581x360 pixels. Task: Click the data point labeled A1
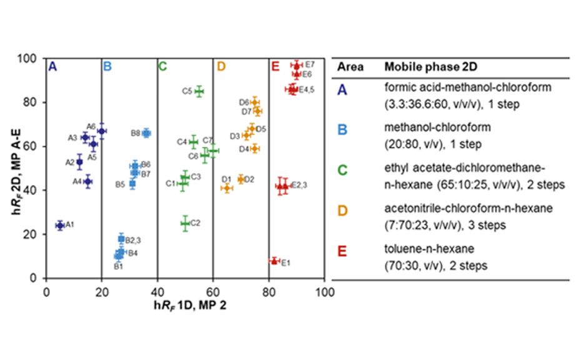pyautogui.click(x=60, y=225)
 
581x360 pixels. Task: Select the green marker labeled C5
pyautogui.click(x=199, y=91)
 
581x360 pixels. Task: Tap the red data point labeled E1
pyautogui.click(x=274, y=261)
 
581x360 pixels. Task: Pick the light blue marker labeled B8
pyautogui.click(x=146, y=133)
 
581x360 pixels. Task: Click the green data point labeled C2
pyautogui.click(x=185, y=223)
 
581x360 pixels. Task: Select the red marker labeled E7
pyautogui.click(x=297, y=66)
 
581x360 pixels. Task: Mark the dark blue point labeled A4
pyautogui.click(x=88, y=181)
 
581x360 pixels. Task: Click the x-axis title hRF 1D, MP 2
pyautogui.click(x=186, y=305)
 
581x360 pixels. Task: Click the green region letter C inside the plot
pyautogui.click(x=162, y=66)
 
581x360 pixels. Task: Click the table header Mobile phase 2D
pyautogui.click(x=424, y=67)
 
